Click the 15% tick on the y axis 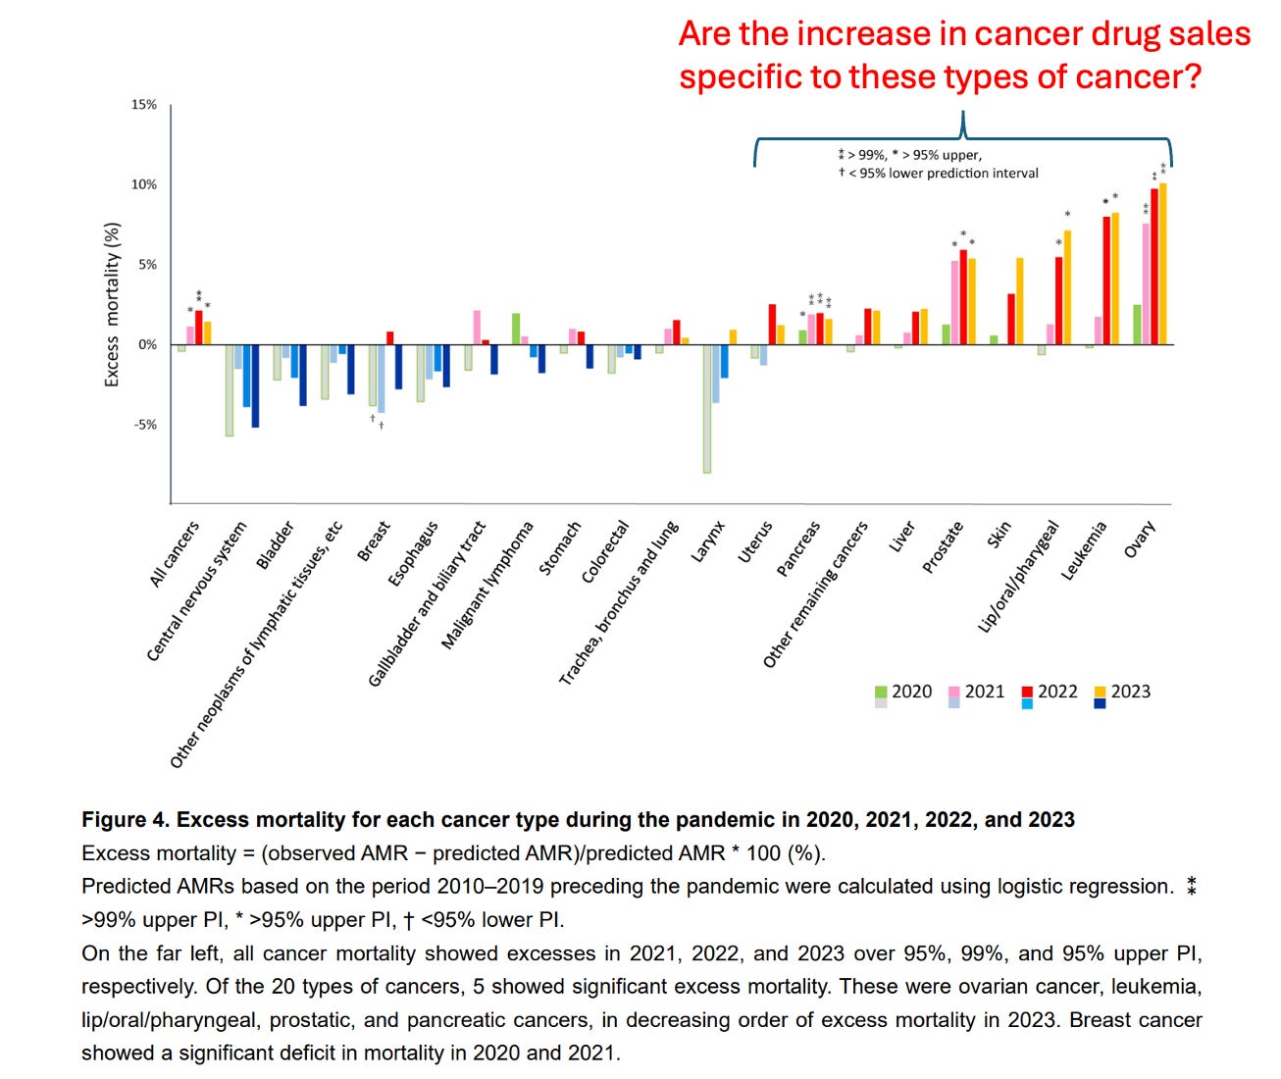click(x=144, y=105)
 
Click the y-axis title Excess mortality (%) click(x=112, y=304)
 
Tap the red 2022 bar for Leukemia click(x=1106, y=280)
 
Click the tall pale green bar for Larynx click(x=706, y=408)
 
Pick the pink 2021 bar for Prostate click(x=954, y=302)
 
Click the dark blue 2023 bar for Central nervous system click(x=255, y=385)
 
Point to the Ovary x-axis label click(x=1140, y=539)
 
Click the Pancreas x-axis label click(x=797, y=549)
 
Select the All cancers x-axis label click(x=174, y=554)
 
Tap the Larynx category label click(x=707, y=541)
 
